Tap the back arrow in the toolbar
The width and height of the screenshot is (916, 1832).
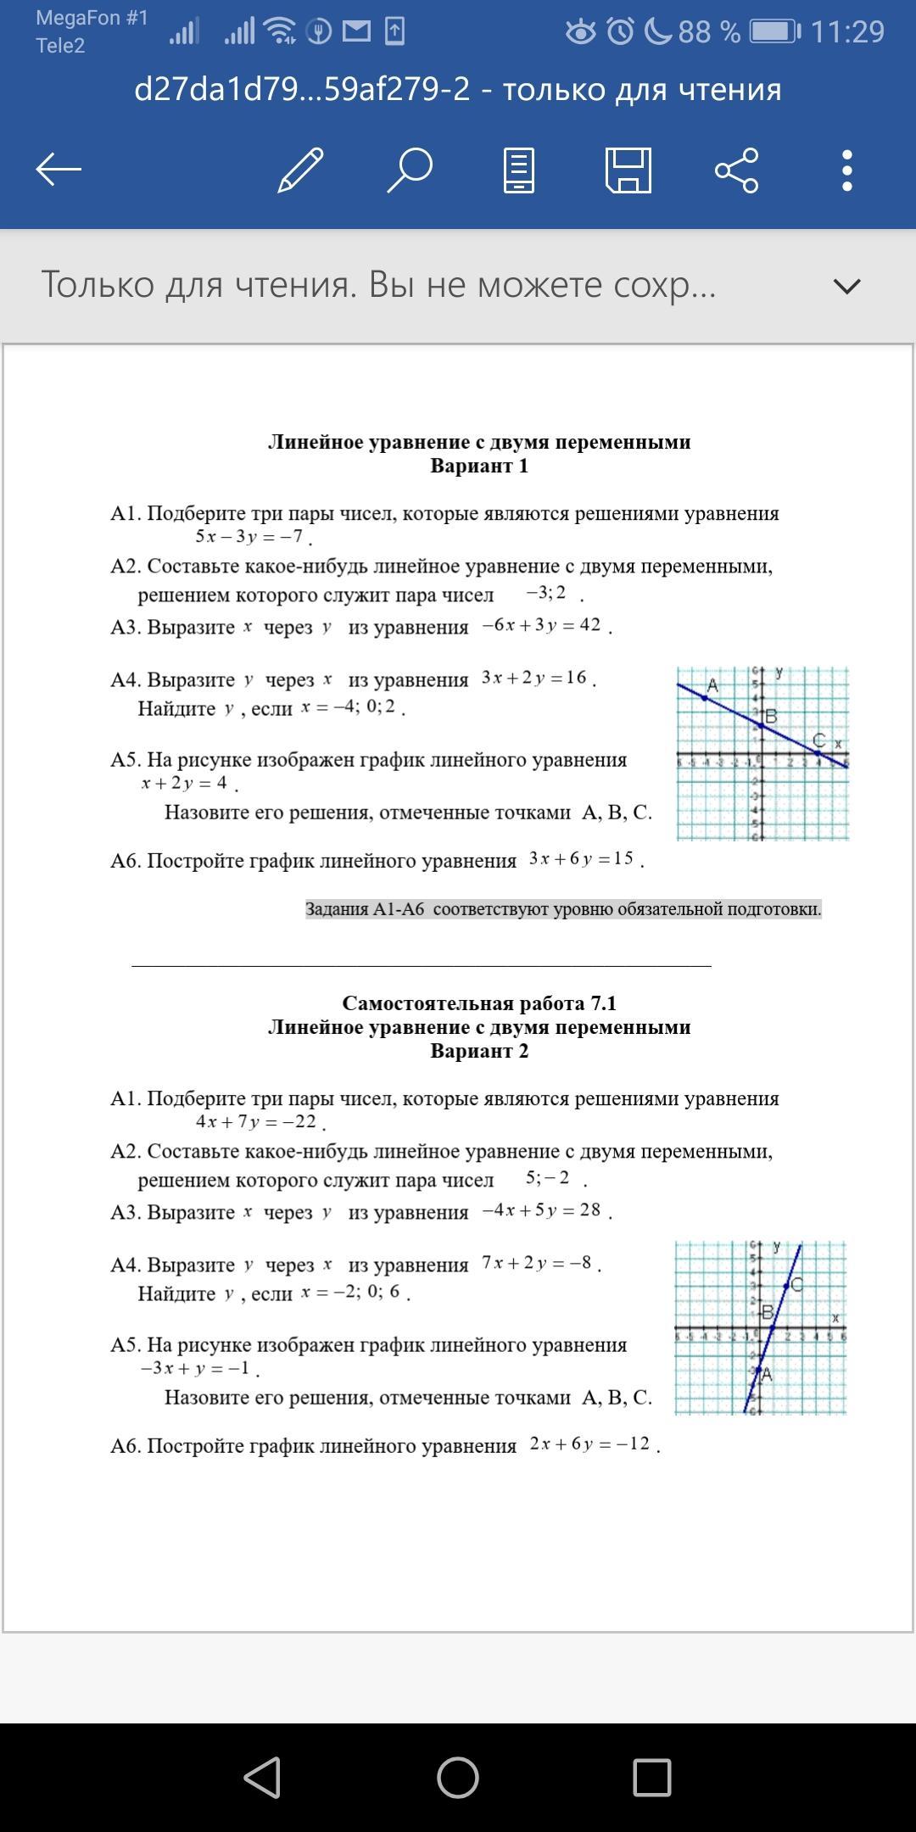click(x=59, y=170)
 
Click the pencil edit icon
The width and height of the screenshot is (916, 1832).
click(x=301, y=170)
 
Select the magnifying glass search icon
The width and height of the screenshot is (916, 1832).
click(x=411, y=170)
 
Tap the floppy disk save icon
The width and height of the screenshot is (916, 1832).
click(x=628, y=170)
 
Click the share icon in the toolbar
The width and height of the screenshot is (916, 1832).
click(x=737, y=170)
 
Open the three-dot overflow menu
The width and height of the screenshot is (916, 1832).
click(x=846, y=170)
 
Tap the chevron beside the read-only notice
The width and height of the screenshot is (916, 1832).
click(x=846, y=286)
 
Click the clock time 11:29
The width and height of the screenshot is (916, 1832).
click(x=847, y=32)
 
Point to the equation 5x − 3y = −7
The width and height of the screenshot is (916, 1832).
click(x=249, y=536)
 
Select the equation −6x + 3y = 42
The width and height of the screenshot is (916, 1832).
click(x=541, y=625)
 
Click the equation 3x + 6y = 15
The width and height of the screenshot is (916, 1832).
click(x=581, y=858)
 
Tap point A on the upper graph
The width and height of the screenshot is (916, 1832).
click(x=705, y=697)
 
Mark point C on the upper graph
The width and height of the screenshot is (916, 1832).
click(x=818, y=751)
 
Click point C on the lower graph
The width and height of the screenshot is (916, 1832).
click(x=786, y=1286)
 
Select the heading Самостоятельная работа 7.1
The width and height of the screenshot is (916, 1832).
click(x=479, y=1003)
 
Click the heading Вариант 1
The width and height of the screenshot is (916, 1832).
click(x=479, y=466)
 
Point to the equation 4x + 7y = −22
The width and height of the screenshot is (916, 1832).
click(x=256, y=1121)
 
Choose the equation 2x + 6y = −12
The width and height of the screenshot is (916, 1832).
click(x=589, y=1444)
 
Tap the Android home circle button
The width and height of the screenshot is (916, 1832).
click(x=458, y=1777)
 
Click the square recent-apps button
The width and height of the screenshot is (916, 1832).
click(x=652, y=1777)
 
